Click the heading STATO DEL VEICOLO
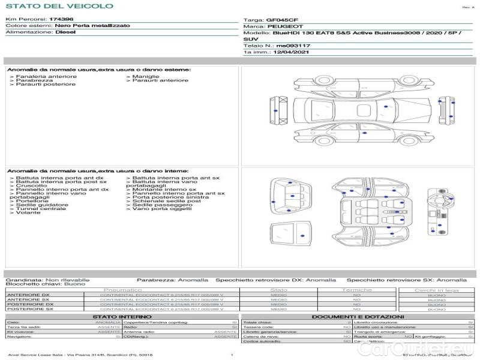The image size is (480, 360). [x=59, y=6]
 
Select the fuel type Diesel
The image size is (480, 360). [x=65, y=32]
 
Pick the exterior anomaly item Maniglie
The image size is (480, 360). [x=146, y=76]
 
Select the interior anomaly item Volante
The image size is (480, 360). [x=28, y=212]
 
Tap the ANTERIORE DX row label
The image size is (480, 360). [x=28, y=295]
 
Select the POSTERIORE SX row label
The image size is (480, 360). [x=29, y=309]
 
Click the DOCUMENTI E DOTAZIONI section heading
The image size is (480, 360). [x=358, y=316]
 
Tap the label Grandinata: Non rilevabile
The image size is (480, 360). [x=47, y=280]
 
